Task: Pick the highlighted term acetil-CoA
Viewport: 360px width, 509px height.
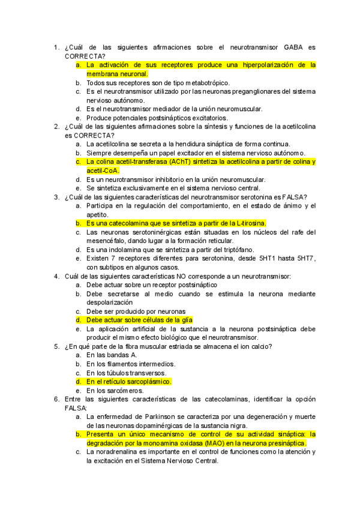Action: [x=103, y=170]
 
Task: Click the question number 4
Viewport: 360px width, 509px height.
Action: [x=56, y=276]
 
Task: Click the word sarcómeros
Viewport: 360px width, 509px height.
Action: [x=124, y=390]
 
